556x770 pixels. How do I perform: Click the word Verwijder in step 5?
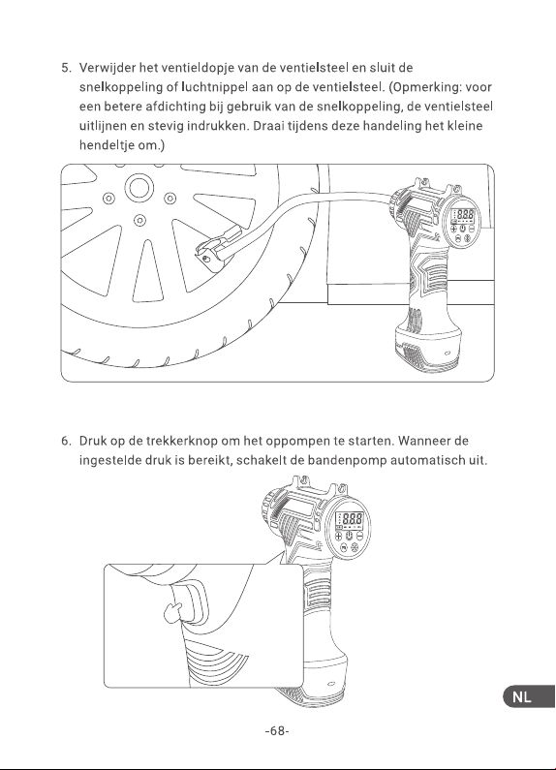tap(108, 68)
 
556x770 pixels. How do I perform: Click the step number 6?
tap(66, 441)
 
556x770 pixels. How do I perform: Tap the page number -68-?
tap(277, 730)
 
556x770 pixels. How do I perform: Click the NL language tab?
tap(530, 696)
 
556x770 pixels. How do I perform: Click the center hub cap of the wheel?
tap(139, 187)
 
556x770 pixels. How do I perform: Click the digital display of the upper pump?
tap(463, 215)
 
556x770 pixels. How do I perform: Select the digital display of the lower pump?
tap(350, 519)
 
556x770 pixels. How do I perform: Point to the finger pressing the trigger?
tap(172, 612)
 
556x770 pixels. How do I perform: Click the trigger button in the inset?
tap(192, 601)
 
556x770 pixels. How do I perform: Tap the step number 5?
tap(66, 68)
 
